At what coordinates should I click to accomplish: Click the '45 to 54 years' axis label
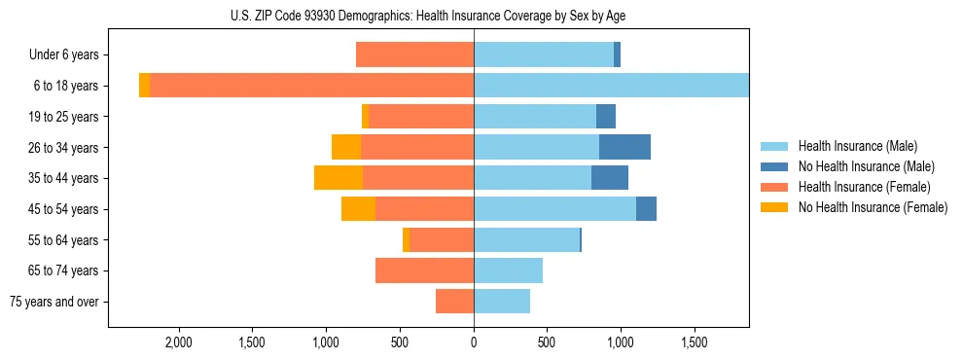click(x=62, y=209)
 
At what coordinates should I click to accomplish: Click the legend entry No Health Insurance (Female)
click(x=873, y=206)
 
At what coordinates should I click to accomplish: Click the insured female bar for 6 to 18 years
click(x=312, y=86)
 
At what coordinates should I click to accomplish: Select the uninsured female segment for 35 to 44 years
click(x=339, y=178)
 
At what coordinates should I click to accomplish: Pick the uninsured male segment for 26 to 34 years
click(x=624, y=147)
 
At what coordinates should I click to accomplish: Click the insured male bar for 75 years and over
click(x=502, y=302)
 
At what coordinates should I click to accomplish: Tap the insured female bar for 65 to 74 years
click(x=424, y=270)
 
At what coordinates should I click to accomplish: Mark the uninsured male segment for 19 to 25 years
click(x=606, y=117)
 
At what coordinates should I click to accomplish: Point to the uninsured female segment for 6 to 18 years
click(x=144, y=86)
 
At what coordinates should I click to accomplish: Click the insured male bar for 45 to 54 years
click(x=554, y=209)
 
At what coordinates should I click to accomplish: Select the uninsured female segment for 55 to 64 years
click(x=406, y=239)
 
